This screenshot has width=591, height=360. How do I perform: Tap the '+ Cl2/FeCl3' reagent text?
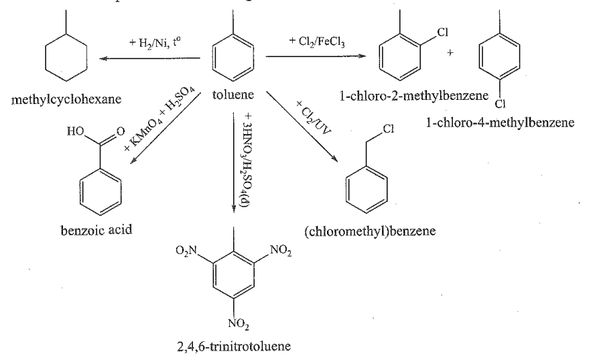pos(316,42)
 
